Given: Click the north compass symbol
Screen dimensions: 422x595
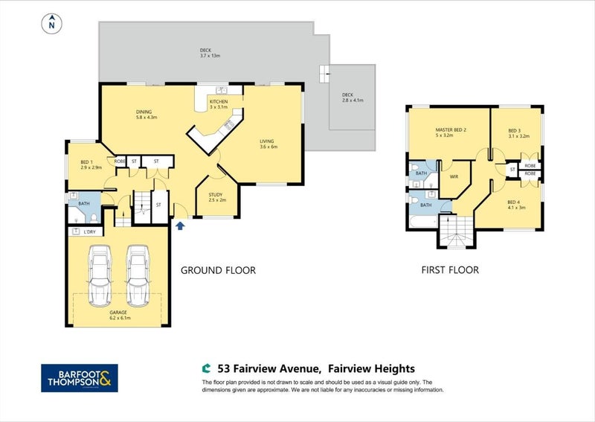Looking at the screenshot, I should pyautogui.click(x=51, y=23).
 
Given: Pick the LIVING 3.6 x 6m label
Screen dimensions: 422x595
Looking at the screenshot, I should pyautogui.click(x=268, y=144).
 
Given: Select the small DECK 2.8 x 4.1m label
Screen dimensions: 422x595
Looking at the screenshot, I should pyautogui.click(x=347, y=97).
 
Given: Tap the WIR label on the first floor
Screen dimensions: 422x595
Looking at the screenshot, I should pyautogui.click(x=454, y=176).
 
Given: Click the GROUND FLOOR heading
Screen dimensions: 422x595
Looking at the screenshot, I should pyautogui.click(x=218, y=270).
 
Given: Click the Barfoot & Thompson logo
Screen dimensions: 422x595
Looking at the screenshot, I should pyautogui.click(x=79, y=377).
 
